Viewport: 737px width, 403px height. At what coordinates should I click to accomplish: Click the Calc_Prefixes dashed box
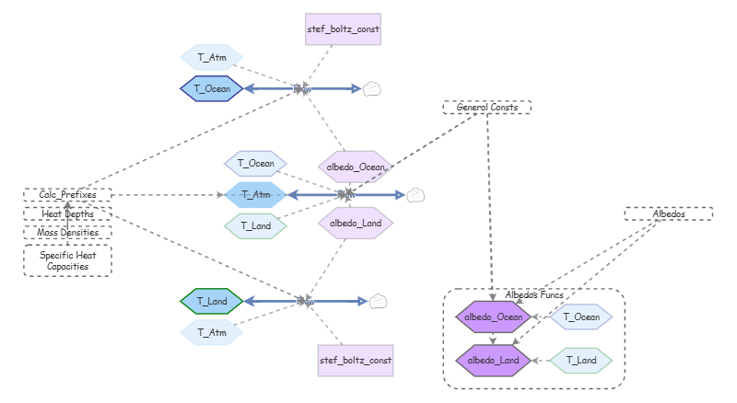[x=67, y=194]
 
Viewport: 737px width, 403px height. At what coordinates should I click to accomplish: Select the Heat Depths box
[x=67, y=213]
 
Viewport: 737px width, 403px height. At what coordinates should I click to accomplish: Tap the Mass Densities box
[x=67, y=233]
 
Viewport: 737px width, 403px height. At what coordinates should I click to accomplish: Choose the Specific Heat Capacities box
[x=67, y=260]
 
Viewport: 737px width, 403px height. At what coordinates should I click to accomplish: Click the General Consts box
[x=487, y=107]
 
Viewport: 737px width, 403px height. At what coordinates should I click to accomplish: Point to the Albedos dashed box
[x=669, y=213]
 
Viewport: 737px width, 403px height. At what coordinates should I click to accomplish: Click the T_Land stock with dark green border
[x=211, y=301]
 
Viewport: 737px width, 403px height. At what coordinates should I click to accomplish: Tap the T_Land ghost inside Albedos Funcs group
[x=580, y=360]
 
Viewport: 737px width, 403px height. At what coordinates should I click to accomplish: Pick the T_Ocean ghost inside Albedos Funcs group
[x=580, y=317]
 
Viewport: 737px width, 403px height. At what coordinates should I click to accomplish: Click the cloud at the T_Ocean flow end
[x=371, y=88]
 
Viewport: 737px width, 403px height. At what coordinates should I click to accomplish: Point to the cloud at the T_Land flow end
[x=379, y=301]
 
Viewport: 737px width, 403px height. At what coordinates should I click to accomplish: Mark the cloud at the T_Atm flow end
[x=415, y=195]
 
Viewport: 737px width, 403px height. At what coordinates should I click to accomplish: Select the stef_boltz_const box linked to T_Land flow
[x=356, y=360]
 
